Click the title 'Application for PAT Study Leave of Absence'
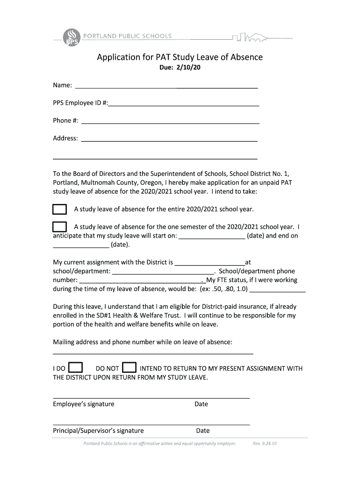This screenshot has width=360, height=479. (180, 57)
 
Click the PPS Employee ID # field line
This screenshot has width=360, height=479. (183, 106)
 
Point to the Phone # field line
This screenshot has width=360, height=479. (170, 123)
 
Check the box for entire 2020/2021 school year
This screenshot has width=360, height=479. (59, 209)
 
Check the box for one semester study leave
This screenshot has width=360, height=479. (59, 227)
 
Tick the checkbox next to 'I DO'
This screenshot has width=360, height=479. (76, 368)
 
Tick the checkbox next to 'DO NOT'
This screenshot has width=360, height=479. (129, 368)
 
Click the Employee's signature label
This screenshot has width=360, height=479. (83, 404)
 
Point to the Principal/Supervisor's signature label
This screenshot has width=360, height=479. (98, 431)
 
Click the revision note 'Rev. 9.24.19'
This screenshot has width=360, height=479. (265, 443)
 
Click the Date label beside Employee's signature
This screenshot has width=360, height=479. (201, 404)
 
